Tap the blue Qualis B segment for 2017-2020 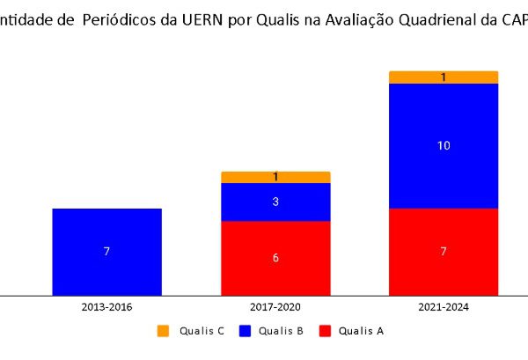tap(275, 202)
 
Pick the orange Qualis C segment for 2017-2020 tap(275, 177)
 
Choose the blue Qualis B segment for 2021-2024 tap(444, 145)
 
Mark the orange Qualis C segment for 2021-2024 tap(444, 77)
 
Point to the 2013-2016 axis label tap(106, 307)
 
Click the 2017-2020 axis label tap(275, 307)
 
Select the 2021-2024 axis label tap(444, 307)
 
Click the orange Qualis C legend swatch tap(163, 331)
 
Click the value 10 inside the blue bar tap(444, 145)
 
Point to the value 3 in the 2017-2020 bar tap(275, 202)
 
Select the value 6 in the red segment tap(275, 258)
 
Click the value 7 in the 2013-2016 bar tap(106, 252)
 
